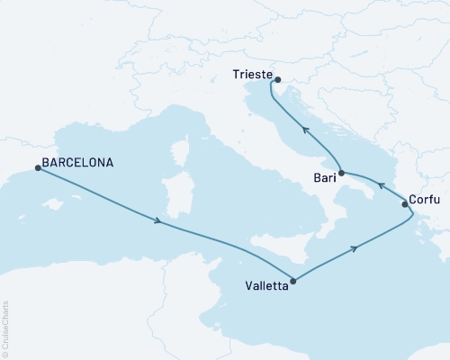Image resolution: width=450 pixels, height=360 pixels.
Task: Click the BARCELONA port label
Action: (80, 165)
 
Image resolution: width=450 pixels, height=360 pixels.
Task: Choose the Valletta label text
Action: (267, 287)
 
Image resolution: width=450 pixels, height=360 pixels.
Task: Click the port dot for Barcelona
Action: (37, 167)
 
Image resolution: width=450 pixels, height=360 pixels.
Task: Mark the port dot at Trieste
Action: (277, 78)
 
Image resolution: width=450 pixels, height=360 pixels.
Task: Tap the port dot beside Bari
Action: (342, 172)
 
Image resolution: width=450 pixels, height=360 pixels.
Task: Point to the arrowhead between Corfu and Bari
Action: (381, 186)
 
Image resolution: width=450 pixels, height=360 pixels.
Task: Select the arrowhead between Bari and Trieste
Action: (305, 130)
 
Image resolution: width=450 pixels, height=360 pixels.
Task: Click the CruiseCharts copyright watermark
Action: (5, 329)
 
